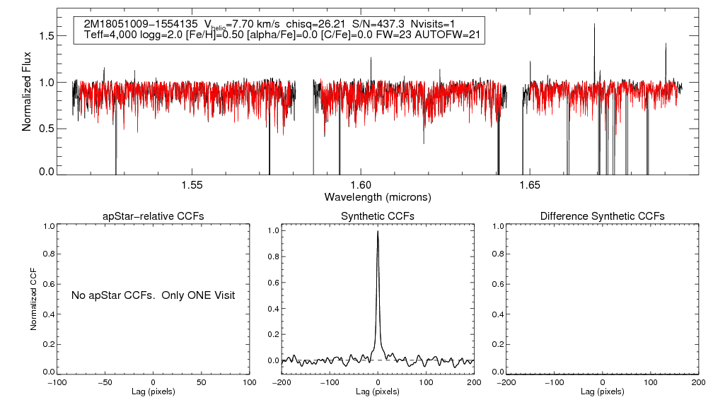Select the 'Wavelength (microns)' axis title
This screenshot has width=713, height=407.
378,196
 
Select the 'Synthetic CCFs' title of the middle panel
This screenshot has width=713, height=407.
378,216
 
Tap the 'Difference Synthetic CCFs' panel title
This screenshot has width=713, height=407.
602,216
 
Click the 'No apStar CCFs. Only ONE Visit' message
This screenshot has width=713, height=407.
153,295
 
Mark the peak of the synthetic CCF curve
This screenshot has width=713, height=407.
378,231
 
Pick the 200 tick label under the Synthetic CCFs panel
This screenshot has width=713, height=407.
474,382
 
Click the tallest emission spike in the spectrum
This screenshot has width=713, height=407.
594,25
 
